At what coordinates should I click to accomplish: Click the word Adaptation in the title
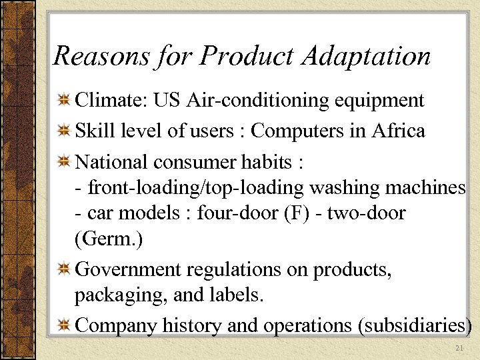tap(366, 57)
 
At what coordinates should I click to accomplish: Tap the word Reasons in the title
tap(100, 57)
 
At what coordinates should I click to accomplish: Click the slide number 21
tap(458, 349)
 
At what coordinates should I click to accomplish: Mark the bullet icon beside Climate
tap(65, 101)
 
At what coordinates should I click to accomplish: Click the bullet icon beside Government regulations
tap(65, 269)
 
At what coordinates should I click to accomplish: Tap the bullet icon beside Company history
tap(65, 325)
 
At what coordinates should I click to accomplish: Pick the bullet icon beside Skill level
tap(65, 131)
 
